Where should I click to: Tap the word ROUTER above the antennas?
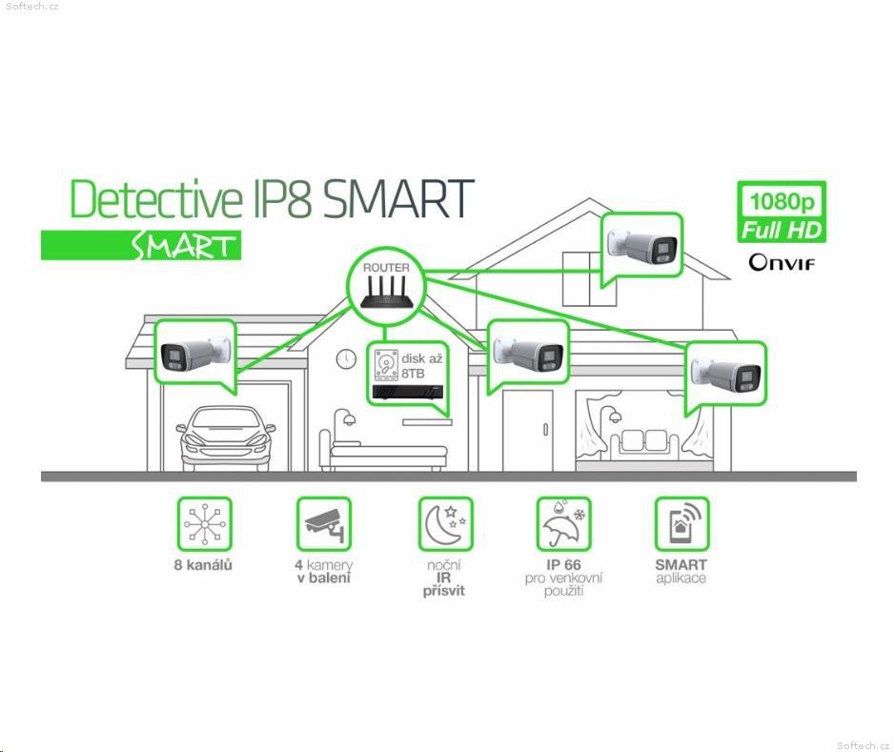click(386, 268)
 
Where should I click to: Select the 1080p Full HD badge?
click(782, 213)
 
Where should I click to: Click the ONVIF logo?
click(782, 262)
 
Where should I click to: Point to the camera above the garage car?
click(195, 356)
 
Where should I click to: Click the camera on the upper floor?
click(642, 246)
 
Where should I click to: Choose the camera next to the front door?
click(529, 353)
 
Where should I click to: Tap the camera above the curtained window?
click(725, 374)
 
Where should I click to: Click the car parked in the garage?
click(226, 437)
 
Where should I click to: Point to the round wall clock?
click(346, 358)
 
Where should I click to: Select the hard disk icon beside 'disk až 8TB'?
click(386, 365)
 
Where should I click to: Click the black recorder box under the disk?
click(407, 393)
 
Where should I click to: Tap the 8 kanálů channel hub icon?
click(204, 524)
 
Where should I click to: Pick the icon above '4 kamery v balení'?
click(323, 524)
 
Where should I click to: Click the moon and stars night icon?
click(445, 524)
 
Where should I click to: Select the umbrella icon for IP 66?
click(563, 524)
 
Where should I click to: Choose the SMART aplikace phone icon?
click(681, 524)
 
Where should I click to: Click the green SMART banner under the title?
click(141, 246)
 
